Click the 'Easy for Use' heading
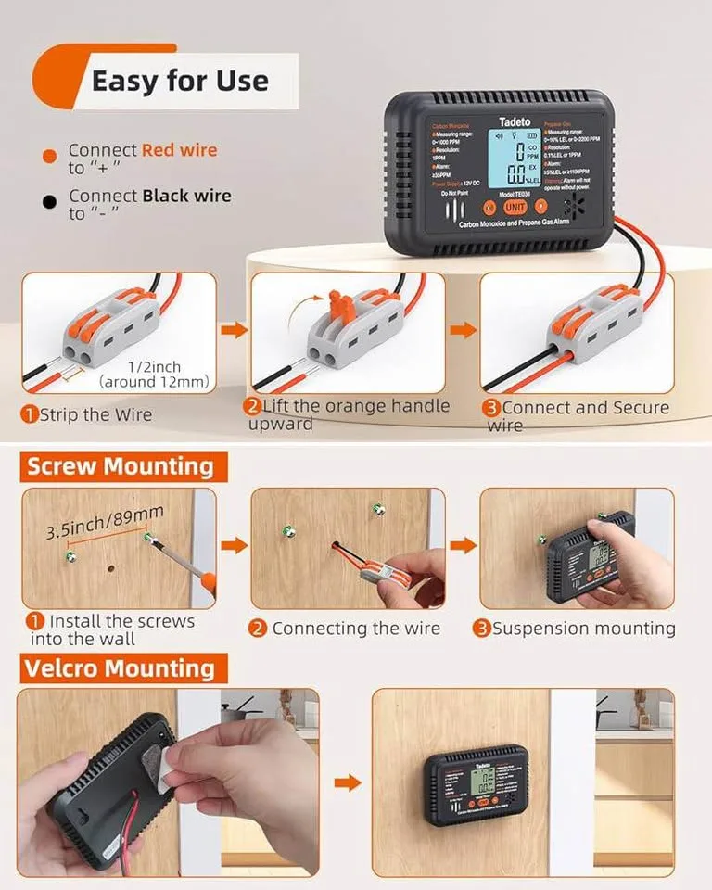click(179, 81)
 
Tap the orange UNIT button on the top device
click(515, 207)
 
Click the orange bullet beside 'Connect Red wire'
click(49, 157)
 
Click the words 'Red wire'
click(179, 149)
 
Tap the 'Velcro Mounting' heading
click(119, 667)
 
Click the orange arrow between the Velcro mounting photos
click(346, 783)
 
